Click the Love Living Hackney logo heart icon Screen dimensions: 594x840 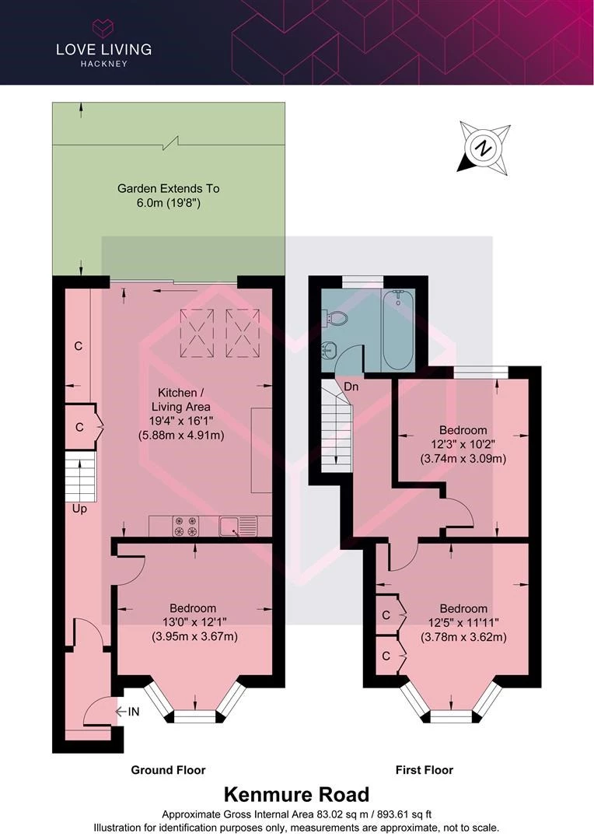(103, 28)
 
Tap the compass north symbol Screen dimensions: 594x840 (484, 148)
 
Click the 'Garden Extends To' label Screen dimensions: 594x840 (168, 188)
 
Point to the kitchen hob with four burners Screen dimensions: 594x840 (186, 526)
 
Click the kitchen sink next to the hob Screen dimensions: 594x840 (238, 526)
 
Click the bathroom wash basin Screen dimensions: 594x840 (328, 351)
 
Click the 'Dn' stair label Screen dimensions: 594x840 (351, 387)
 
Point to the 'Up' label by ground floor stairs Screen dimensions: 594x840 (79, 509)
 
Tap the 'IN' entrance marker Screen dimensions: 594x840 (134, 712)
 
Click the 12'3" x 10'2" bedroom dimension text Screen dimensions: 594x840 (463, 444)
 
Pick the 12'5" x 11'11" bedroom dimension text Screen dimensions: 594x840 (463, 622)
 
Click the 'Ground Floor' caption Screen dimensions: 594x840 (168, 770)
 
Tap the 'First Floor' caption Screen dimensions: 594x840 (425, 770)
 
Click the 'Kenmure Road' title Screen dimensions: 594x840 (297, 794)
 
